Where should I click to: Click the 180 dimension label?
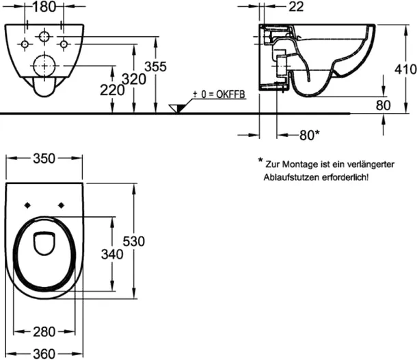click(x=44, y=6)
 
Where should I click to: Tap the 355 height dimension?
click(x=156, y=66)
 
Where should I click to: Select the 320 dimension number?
click(x=134, y=79)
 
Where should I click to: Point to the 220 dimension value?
click(x=112, y=90)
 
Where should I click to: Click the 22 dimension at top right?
click(x=296, y=6)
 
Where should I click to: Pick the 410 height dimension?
click(x=405, y=69)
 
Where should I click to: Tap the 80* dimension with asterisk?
click(x=310, y=135)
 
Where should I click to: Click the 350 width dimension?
click(x=44, y=158)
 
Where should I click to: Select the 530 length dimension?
click(x=134, y=242)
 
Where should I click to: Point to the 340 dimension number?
click(x=112, y=255)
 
